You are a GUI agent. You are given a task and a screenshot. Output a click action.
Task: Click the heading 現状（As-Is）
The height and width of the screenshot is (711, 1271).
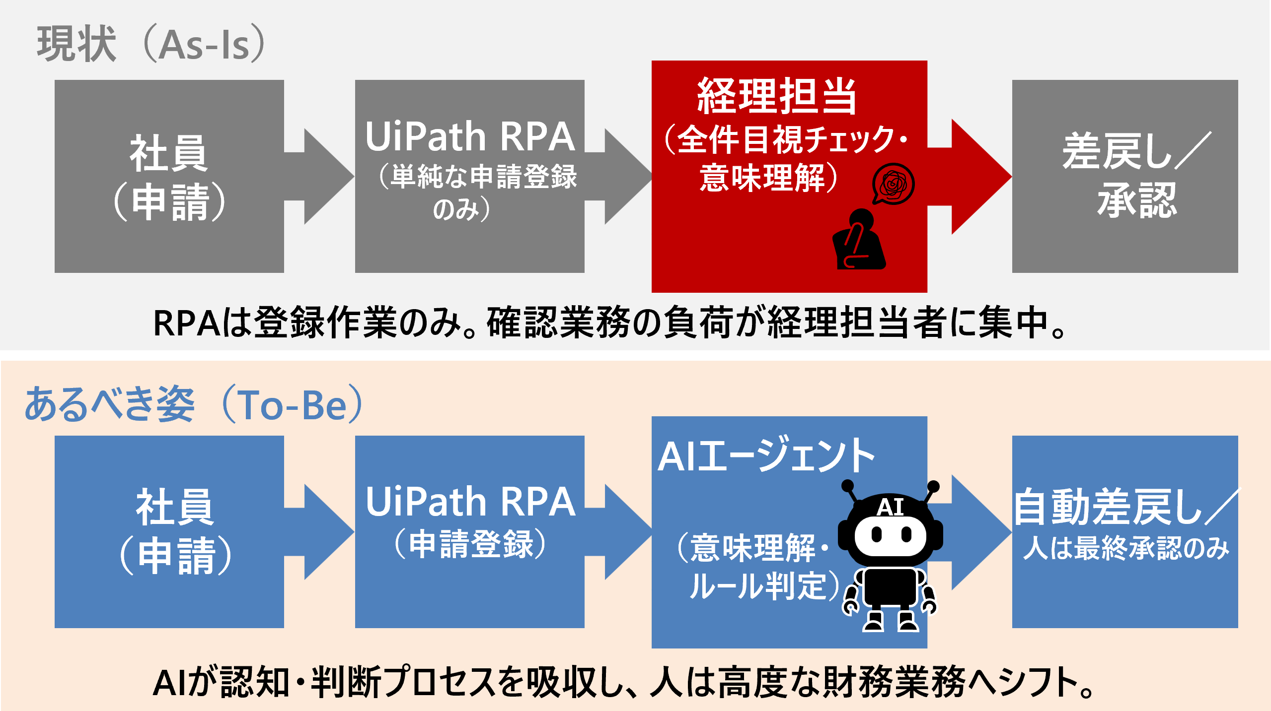[x=151, y=44]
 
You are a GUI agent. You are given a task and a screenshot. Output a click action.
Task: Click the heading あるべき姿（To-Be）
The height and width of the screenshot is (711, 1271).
[x=194, y=404]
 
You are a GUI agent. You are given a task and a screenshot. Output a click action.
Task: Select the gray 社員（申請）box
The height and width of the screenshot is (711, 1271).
[x=169, y=176]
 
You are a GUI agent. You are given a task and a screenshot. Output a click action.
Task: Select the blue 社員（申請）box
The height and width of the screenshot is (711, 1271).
[x=169, y=532]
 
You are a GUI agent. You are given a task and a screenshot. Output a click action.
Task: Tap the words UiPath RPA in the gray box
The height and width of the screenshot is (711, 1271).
[x=470, y=136]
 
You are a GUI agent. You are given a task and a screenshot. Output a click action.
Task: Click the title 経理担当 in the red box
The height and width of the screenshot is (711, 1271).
[x=777, y=96]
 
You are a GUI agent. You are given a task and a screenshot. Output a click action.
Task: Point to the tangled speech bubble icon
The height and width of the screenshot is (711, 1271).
[x=893, y=184]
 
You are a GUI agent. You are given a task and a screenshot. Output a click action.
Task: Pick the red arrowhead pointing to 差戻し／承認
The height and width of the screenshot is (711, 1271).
[x=981, y=176]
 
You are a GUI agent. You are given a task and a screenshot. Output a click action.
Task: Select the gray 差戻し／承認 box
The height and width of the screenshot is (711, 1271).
[x=1125, y=176]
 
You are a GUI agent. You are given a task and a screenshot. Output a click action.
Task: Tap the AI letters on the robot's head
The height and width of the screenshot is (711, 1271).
[x=890, y=507]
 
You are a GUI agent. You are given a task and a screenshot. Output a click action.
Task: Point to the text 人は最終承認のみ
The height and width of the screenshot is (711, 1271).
[x=1126, y=548]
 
